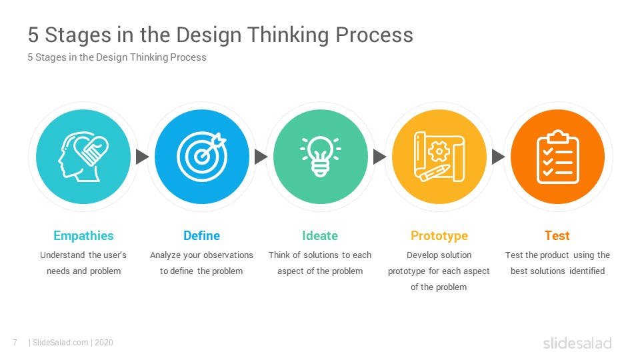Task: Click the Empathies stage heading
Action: pos(83,236)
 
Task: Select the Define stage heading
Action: pos(201,235)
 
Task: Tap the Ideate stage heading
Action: pos(320,235)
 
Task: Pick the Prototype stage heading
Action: pos(439,236)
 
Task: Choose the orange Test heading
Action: pos(557,235)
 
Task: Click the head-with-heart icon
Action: pos(83,156)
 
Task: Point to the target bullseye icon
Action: pos(201,156)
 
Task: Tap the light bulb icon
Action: pos(321,156)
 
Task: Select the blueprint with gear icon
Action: pos(439,156)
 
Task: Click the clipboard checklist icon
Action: pos(557,157)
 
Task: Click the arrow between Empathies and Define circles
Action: pos(142,157)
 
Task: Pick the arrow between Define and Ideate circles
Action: pos(261,157)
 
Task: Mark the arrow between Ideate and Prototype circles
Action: pos(379,157)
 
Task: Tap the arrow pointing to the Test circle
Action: pos(498,157)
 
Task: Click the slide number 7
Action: pos(15,343)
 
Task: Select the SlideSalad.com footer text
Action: pos(61,343)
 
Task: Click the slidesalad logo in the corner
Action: pos(577,343)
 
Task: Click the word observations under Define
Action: pos(228,255)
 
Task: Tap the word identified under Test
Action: pos(587,271)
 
